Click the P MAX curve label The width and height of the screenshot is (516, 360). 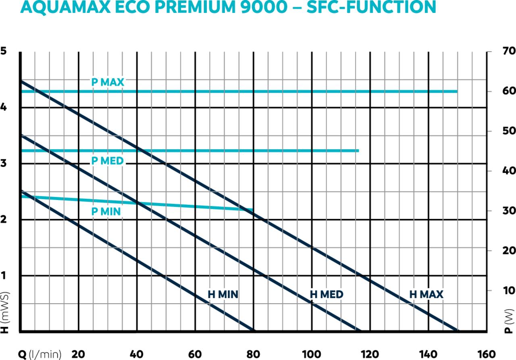click(x=108, y=82)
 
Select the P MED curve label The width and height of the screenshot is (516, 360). click(x=107, y=161)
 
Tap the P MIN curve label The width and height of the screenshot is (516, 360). click(x=106, y=211)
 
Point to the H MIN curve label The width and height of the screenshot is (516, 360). click(x=223, y=295)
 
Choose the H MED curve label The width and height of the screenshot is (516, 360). click(x=327, y=295)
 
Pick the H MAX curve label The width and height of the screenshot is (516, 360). click(x=426, y=295)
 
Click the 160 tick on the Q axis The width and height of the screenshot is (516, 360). click(x=486, y=354)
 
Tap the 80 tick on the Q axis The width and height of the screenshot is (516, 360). click(x=253, y=354)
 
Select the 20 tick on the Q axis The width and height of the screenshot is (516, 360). click(x=79, y=354)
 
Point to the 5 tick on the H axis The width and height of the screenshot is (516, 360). click(x=4, y=51)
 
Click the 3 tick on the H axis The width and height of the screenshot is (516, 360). click(x=4, y=163)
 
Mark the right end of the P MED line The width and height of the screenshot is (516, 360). click(x=358, y=151)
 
